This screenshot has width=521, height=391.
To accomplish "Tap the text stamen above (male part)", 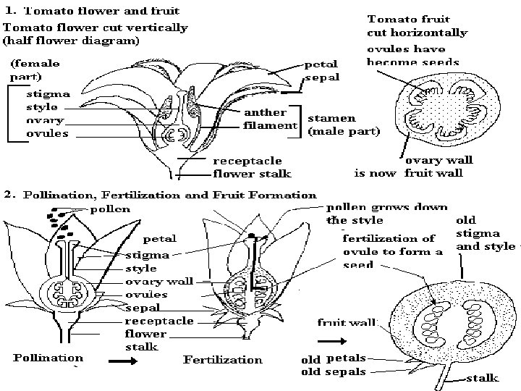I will (331, 117).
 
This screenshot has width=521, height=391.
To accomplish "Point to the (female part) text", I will (34, 70).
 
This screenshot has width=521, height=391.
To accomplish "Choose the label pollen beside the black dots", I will (111, 209).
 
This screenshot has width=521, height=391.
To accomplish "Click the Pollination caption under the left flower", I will (48, 358).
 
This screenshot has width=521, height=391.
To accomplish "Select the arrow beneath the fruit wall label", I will (331, 339).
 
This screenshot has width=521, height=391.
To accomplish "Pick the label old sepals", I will (333, 371).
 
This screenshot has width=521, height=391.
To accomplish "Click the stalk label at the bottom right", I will (480, 377).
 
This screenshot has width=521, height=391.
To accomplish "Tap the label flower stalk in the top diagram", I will (252, 173).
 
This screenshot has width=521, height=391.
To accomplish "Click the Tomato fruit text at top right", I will (408, 20).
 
